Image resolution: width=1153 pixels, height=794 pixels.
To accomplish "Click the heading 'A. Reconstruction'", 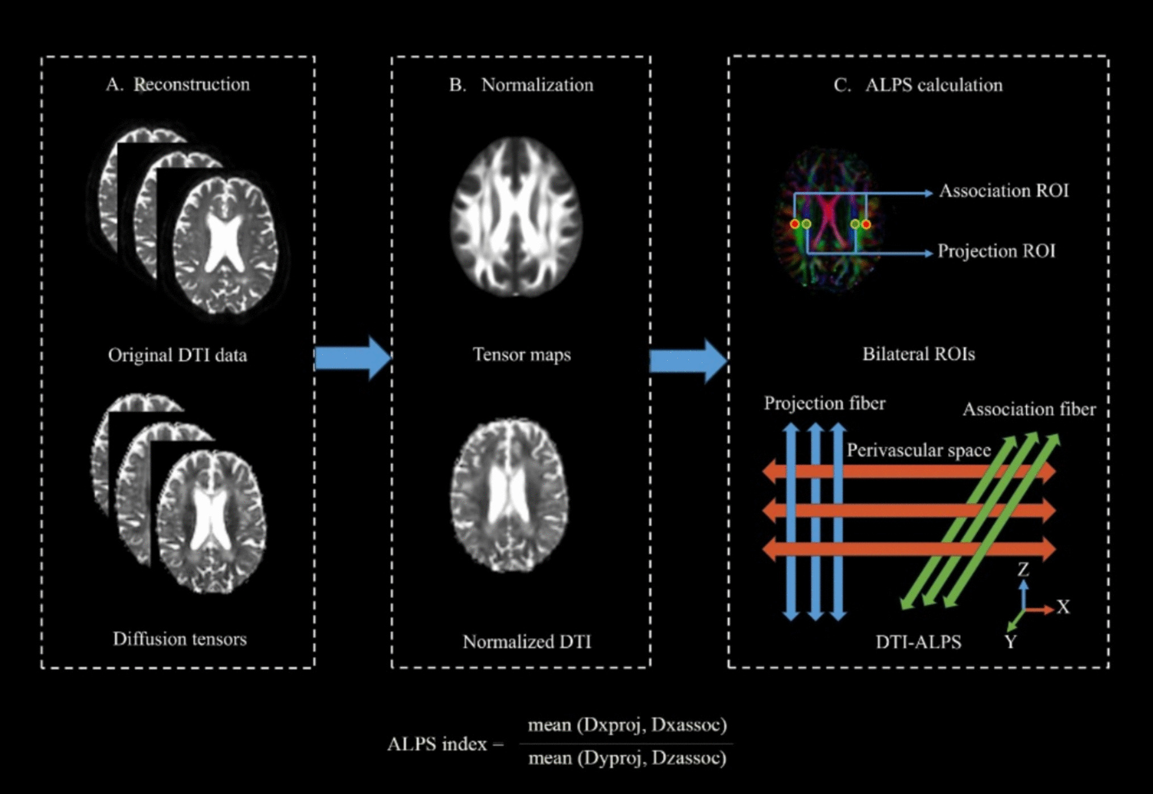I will (178, 85).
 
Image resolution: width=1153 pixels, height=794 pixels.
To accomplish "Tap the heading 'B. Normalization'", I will (521, 85).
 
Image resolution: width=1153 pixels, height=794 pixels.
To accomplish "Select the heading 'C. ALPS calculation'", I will (918, 85).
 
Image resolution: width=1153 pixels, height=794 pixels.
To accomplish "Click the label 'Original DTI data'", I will (177, 355).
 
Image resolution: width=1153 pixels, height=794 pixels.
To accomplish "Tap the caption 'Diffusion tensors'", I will (180, 639).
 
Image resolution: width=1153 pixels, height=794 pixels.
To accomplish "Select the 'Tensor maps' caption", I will (522, 354).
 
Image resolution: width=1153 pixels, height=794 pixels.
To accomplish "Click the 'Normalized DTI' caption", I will (527, 642).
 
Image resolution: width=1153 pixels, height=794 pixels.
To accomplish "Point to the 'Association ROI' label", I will (1004, 191).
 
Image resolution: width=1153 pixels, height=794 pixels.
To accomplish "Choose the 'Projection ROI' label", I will (996, 251).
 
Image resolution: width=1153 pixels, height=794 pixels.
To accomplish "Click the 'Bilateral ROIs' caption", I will (918, 354).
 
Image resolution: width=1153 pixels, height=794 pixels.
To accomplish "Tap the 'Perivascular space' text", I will (918, 450).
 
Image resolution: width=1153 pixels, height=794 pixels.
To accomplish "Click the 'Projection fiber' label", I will (824, 403).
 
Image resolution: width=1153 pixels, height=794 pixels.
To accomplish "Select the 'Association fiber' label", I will (1029, 409).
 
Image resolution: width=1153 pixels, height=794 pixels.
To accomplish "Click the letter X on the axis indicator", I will (1063, 607).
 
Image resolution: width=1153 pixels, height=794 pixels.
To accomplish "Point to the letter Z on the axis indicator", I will (1023, 569).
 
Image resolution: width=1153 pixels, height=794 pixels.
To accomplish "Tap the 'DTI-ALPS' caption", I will (918, 642).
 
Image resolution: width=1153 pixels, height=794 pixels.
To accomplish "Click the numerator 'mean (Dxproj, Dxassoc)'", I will (627, 725).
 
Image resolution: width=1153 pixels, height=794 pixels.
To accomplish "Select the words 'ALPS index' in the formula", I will (437, 744).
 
